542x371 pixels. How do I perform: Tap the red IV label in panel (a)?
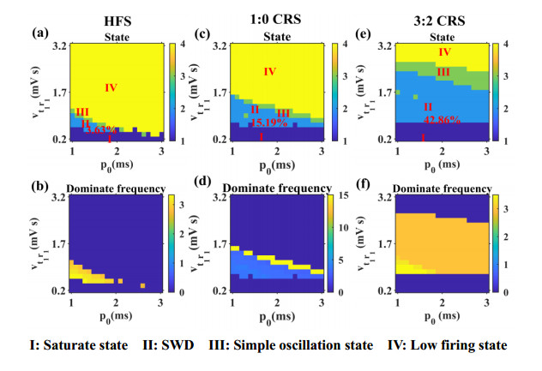pos(110,87)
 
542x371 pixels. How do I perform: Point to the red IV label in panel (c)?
pos(271,72)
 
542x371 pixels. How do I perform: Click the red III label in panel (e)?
pos(443,73)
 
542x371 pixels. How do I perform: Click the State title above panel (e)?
pos(443,37)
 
